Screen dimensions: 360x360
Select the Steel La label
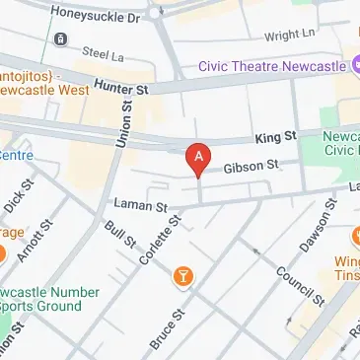pos(104,51)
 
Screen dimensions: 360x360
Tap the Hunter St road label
pos(120,88)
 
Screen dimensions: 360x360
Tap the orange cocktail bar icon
pos(181,276)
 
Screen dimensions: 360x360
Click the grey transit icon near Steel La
pos(61,38)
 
